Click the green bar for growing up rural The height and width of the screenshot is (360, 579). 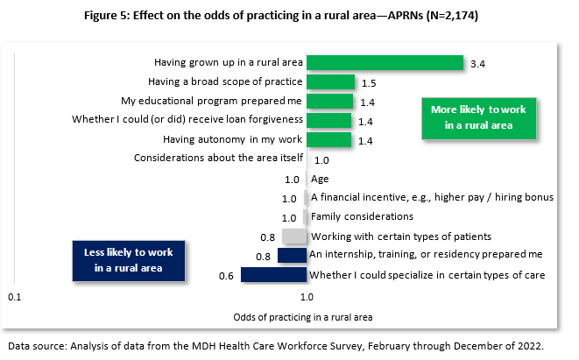(x=385, y=63)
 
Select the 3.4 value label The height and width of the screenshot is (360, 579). (x=477, y=64)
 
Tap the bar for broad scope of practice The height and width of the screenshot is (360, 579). (x=330, y=82)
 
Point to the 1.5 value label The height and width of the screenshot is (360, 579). (x=368, y=83)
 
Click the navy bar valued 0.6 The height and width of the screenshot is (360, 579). (x=273, y=275)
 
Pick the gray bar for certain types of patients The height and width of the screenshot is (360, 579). (x=295, y=236)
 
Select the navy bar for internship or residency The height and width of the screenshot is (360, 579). (x=292, y=256)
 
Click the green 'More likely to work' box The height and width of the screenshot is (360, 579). (x=478, y=117)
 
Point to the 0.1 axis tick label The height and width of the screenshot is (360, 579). (x=15, y=297)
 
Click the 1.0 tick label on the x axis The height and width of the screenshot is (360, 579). (x=307, y=297)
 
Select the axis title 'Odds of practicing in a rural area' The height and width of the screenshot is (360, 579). (x=303, y=315)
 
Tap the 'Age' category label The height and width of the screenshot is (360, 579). (x=320, y=179)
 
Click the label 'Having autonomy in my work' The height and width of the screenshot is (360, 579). (x=233, y=139)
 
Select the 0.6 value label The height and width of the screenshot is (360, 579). (x=225, y=275)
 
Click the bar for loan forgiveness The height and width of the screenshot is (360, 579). (x=329, y=121)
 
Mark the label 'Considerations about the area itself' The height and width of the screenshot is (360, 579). (x=218, y=159)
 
